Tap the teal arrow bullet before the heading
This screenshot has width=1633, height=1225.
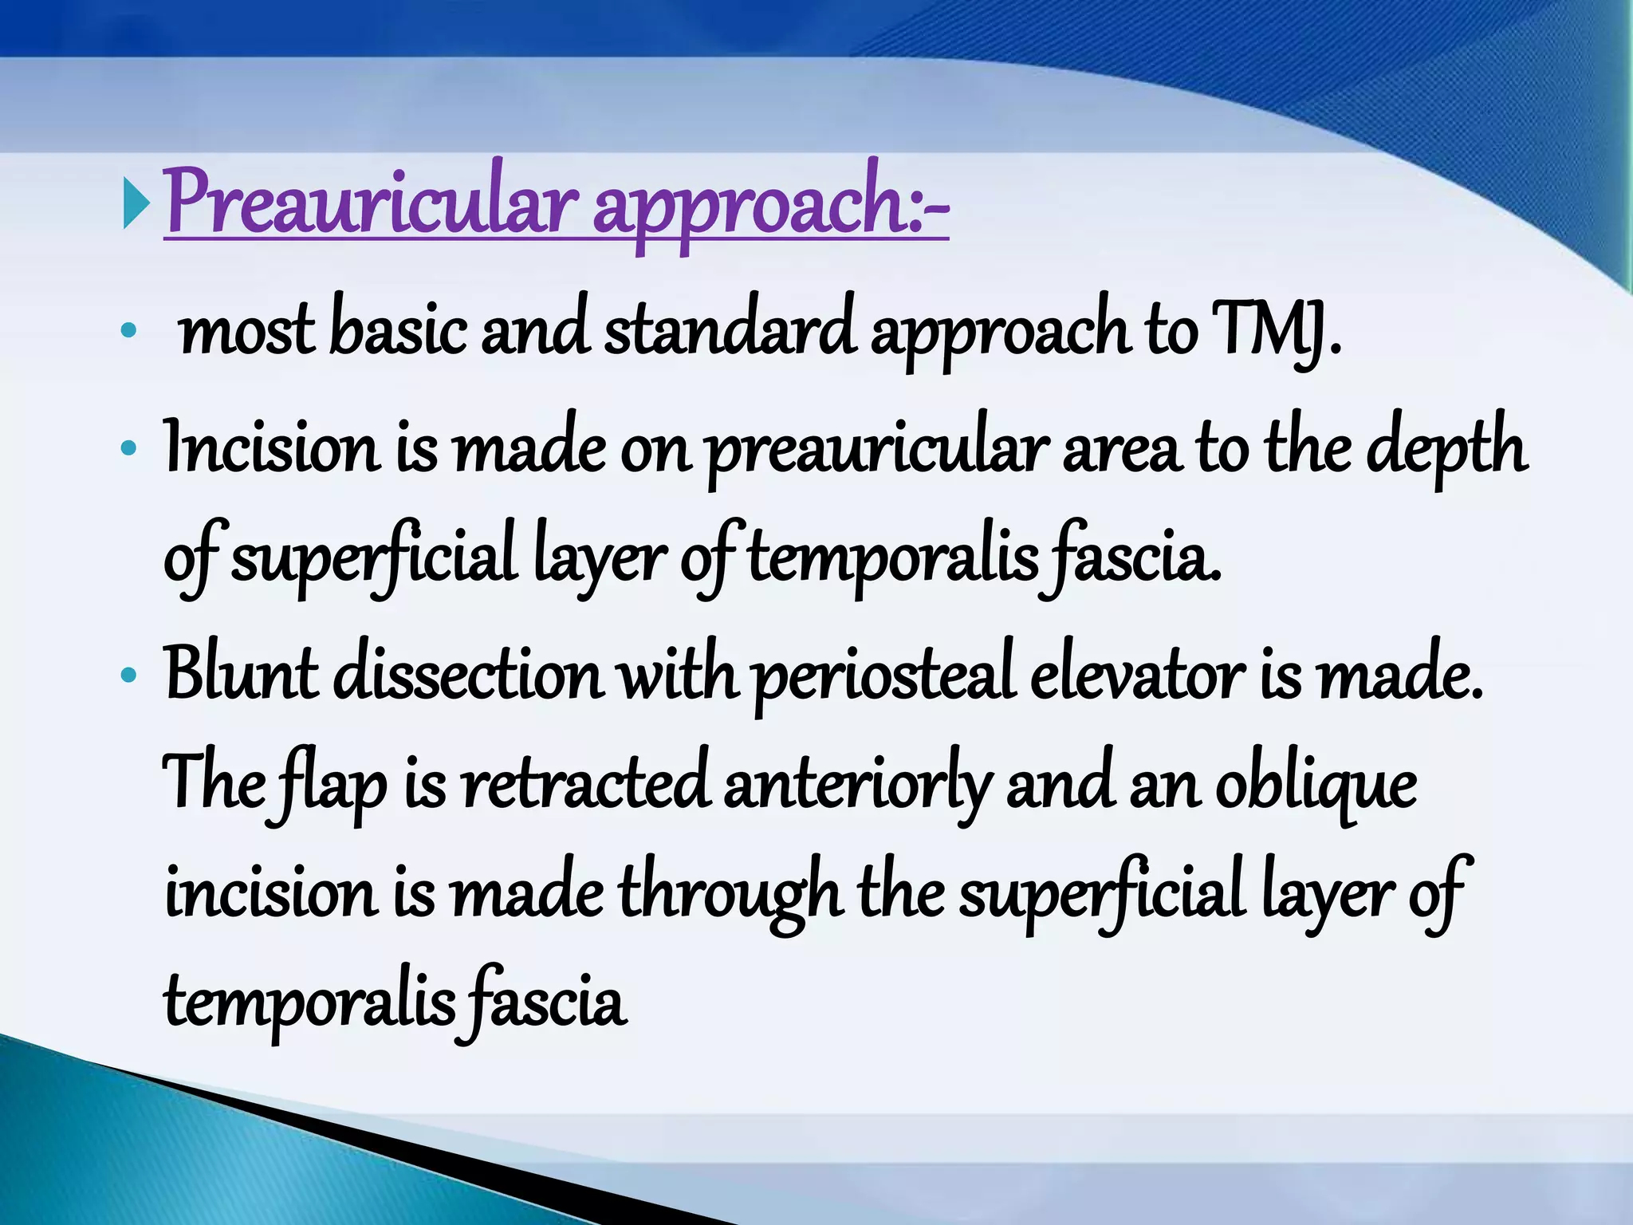[x=136, y=204]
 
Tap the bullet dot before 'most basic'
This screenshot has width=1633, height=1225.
[x=128, y=330]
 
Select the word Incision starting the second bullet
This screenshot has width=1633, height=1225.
[x=271, y=449]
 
